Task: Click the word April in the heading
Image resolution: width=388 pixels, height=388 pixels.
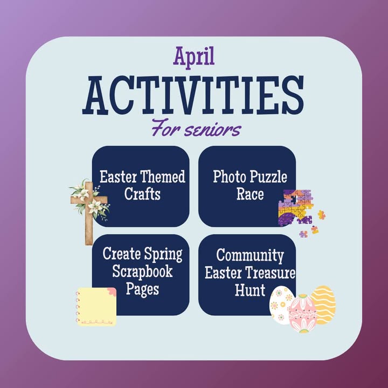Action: click(194, 58)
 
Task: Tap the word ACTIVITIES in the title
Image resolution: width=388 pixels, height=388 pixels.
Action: click(193, 95)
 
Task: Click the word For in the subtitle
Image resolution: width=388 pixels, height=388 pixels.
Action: click(167, 128)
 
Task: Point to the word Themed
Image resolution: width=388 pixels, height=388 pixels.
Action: click(163, 177)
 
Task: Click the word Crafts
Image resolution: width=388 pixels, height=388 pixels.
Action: click(142, 194)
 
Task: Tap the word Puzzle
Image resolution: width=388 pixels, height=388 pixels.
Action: click(268, 177)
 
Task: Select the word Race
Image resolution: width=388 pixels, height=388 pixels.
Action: click(250, 194)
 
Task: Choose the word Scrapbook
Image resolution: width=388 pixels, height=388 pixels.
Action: click(142, 272)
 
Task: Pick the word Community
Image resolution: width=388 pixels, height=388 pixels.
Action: click(250, 255)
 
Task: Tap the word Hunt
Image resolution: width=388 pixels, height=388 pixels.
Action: click(250, 290)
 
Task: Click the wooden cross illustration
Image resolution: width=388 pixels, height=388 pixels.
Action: click(89, 213)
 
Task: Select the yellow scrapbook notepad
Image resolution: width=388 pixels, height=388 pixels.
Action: click(96, 306)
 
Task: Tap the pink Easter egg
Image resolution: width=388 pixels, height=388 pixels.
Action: click(302, 313)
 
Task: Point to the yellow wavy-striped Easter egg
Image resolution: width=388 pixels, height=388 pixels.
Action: click(323, 305)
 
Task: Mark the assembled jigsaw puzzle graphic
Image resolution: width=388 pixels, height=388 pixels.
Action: click(296, 207)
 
